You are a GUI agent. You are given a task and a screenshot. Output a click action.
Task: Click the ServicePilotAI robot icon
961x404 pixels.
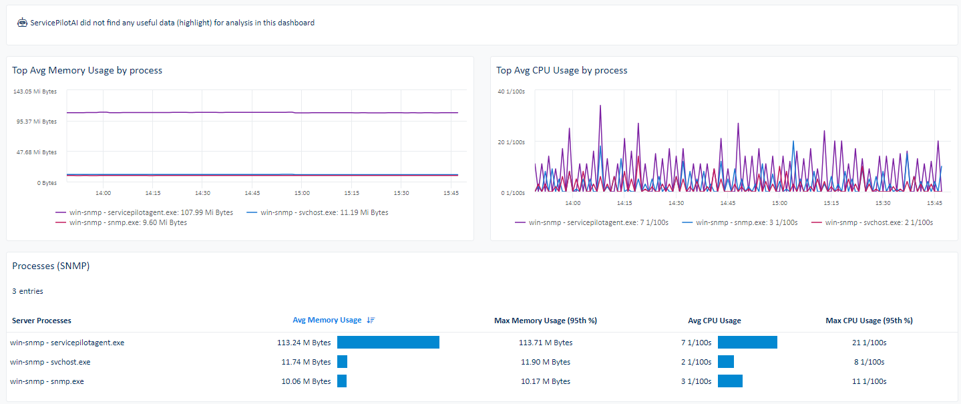tap(22, 23)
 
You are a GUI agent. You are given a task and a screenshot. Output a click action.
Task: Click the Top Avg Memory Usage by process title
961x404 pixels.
tap(87, 70)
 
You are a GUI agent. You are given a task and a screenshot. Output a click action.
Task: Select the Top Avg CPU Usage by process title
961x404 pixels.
tap(562, 70)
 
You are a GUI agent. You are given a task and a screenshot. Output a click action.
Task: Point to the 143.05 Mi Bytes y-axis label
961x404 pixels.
tap(35, 91)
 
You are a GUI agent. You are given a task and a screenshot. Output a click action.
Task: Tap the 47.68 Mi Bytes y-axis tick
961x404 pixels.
tap(37, 152)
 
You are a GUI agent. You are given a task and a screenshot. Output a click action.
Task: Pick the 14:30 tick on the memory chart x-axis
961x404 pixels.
tap(202, 193)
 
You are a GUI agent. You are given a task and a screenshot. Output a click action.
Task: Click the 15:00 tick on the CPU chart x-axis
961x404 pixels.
tap(779, 203)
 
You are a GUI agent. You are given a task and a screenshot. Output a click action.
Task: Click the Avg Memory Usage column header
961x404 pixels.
tap(327, 321)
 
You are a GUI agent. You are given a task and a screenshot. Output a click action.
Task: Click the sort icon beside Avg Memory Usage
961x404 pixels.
tap(371, 321)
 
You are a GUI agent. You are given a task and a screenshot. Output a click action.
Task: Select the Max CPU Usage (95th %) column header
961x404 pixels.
tap(869, 321)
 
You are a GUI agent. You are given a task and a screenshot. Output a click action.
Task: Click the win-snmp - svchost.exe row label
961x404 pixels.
tap(51, 362)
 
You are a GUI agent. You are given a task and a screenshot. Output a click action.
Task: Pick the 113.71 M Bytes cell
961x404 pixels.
tap(546, 343)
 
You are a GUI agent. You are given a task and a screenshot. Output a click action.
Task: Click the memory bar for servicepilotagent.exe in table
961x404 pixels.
tap(388, 343)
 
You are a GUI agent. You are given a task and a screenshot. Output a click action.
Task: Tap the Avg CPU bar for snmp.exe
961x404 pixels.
tap(730, 381)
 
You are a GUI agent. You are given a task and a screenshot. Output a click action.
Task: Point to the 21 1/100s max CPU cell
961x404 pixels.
tap(869, 343)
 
